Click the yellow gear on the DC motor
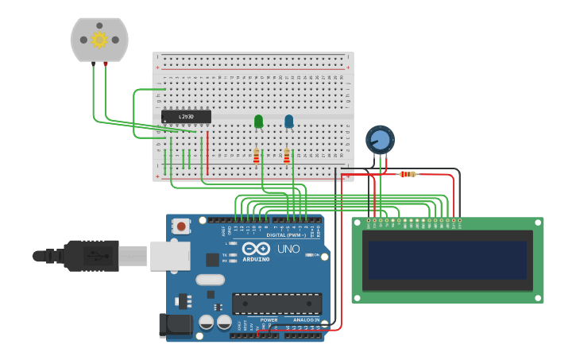pos(99,39)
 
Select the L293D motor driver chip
pos(186,117)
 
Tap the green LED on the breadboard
pos(258,121)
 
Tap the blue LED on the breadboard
pos(288,121)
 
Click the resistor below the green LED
pos(256,156)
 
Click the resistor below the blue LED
pos(286,156)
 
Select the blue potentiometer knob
pos(380,140)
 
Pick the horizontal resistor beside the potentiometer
pos(408,174)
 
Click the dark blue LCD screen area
pos(447,260)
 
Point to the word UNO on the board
pos(288,249)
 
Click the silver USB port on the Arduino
pos(169,255)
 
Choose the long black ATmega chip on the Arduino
pos(276,304)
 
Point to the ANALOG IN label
pos(306,319)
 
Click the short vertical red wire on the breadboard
pos(207,153)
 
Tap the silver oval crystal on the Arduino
pos(210,279)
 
